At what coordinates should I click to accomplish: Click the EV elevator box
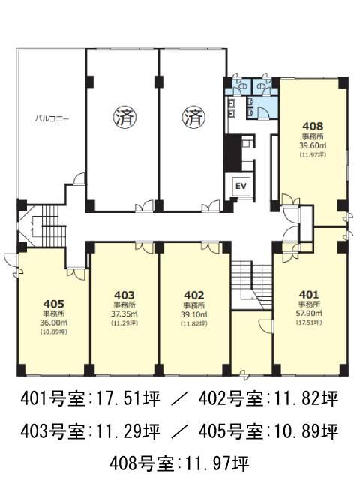point(241,186)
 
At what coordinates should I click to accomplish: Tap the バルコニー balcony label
point(52,118)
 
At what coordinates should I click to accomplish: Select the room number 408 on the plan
point(313,126)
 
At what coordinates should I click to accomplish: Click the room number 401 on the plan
point(309,295)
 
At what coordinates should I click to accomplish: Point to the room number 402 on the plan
point(193,295)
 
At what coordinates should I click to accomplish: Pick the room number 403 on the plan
point(124,295)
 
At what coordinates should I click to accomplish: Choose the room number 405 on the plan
point(53,304)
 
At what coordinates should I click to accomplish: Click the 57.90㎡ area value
point(309,313)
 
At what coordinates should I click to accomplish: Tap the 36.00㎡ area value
point(53,322)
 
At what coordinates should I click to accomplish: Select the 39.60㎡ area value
point(313,145)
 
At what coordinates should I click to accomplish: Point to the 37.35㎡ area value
point(124,313)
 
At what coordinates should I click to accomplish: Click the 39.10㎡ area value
point(194,313)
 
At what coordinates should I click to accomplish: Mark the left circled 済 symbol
point(125,117)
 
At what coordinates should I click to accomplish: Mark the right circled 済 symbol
point(193,117)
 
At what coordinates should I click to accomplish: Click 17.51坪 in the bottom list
point(128,399)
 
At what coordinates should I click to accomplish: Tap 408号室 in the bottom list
point(141,463)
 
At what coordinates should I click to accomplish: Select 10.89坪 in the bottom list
point(307,431)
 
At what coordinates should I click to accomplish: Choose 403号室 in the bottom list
point(52,431)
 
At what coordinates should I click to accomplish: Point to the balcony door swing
point(79,178)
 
